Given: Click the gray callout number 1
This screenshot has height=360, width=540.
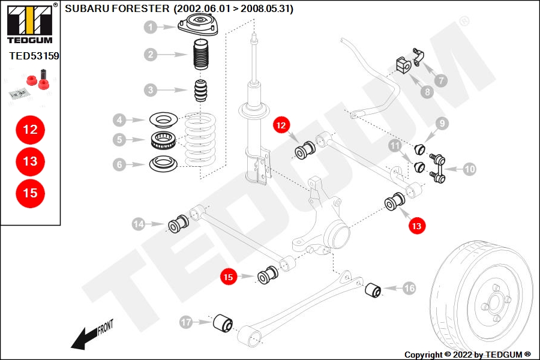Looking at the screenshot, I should (x=151, y=27).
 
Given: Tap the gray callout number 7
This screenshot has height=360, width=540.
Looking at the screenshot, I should (x=441, y=79).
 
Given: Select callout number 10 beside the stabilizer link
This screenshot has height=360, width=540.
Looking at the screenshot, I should (x=469, y=169).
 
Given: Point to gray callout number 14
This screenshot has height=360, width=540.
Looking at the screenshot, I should (x=139, y=224).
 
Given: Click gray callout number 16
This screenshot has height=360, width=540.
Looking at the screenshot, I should (x=409, y=289).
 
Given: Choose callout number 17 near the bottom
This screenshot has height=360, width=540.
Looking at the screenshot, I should (x=186, y=323).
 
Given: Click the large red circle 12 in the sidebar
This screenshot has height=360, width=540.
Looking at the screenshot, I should (x=30, y=129).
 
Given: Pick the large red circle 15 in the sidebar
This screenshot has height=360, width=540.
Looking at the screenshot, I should (x=30, y=193).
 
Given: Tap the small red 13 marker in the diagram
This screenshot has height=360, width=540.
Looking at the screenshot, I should (x=416, y=226).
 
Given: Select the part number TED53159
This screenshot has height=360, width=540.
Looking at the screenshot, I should (x=34, y=56).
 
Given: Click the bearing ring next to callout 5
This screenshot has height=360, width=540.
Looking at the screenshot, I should (x=163, y=141).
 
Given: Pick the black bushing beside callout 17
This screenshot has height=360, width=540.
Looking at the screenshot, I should (x=224, y=323).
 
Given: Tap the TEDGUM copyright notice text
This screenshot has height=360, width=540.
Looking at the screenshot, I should (x=467, y=354).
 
